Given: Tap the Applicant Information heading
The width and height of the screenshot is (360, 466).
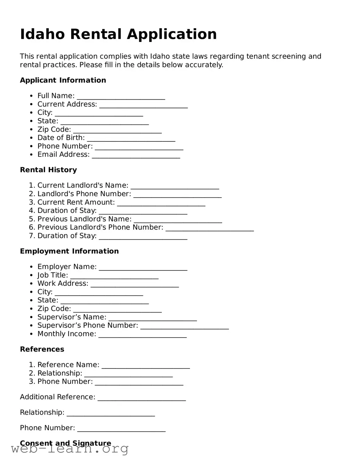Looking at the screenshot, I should (x=63, y=80).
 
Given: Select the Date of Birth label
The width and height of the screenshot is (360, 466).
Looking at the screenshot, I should (x=61, y=138).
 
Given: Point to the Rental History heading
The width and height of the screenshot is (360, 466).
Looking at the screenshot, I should (x=48, y=170).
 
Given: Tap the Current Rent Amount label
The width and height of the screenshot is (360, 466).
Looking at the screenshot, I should (x=76, y=202).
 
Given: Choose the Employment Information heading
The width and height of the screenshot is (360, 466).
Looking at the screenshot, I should (x=69, y=251).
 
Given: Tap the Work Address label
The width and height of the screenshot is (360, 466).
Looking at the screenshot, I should (x=63, y=283).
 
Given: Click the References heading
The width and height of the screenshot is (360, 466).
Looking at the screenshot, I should (x=42, y=349).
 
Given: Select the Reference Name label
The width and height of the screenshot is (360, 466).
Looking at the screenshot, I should (x=68, y=365).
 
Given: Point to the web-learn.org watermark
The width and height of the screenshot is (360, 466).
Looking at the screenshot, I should (x=69, y=449).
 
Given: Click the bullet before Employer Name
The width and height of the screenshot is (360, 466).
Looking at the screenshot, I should (x=31, y=267).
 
